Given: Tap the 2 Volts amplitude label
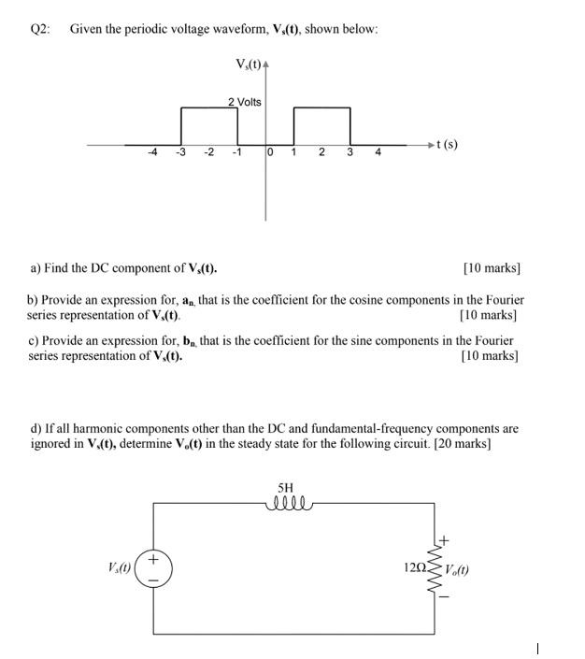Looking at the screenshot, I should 245,101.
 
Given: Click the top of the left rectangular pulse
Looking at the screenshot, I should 209,108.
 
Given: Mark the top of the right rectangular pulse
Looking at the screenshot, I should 321,108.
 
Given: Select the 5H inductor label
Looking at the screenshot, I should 286,488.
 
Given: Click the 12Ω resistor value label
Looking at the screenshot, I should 415,567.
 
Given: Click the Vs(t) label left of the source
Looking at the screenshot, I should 119,567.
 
